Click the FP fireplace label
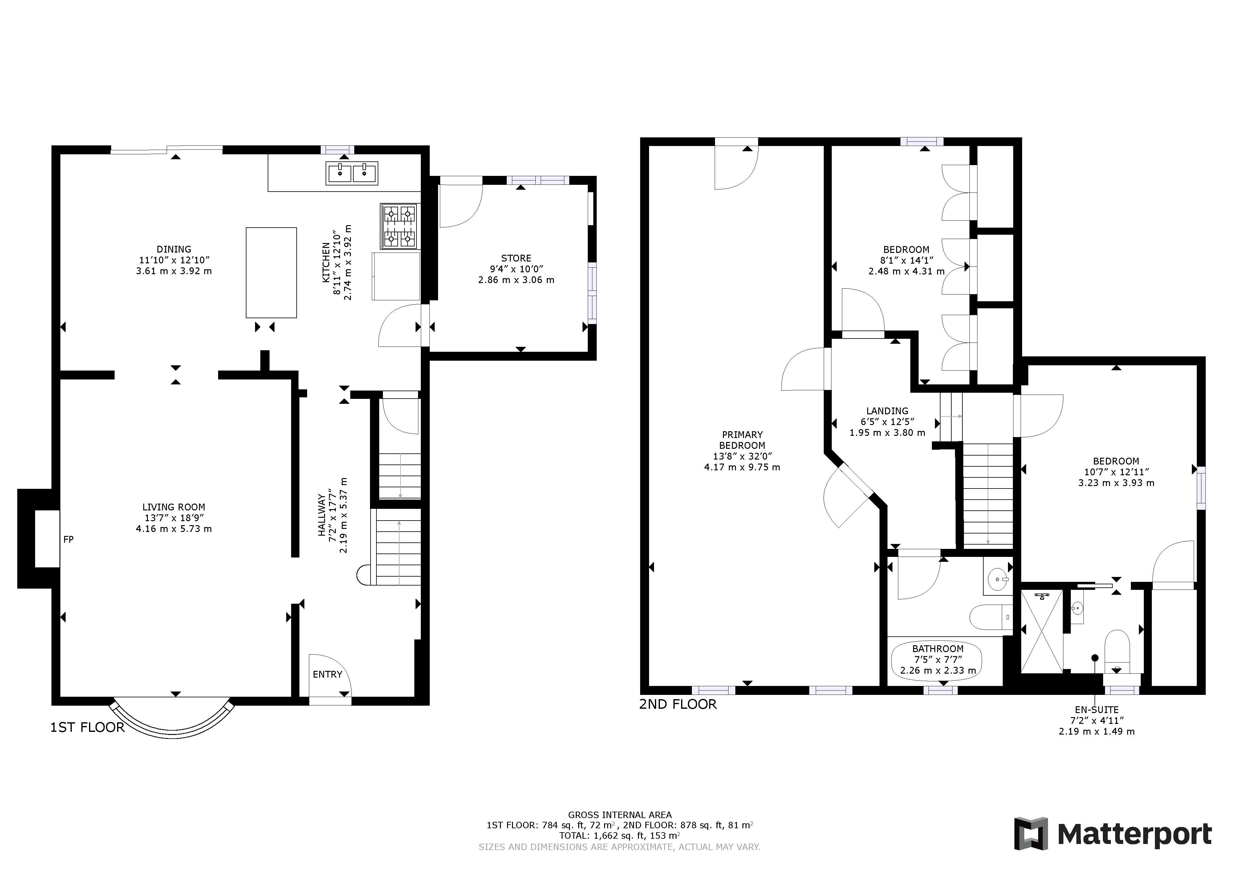[68, 539]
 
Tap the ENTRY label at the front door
[327, 674]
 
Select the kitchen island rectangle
[271, 272]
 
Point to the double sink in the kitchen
[352, 173]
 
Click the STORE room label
[516, 258]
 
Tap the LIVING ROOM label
[174, 507]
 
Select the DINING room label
[174, 249]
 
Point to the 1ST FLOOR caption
[87, 727]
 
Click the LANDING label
[887, 411]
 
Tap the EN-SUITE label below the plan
[1097, 710]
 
